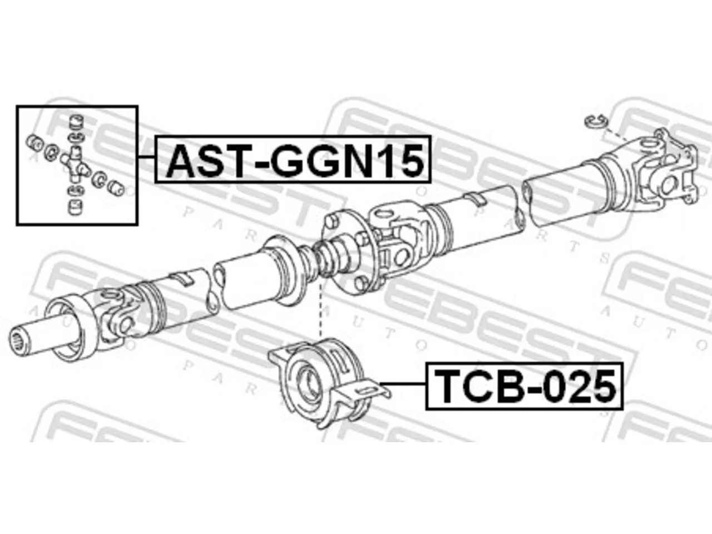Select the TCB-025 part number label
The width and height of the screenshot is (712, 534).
coord(524,386)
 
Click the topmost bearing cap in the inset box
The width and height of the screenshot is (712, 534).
coord(77,122)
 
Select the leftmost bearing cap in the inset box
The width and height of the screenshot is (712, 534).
coord(34,142)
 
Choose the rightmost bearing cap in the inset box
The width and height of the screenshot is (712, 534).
coord(116,187)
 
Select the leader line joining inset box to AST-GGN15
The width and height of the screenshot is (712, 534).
coord(147,157)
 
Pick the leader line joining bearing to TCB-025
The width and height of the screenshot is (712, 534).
coord(403,384)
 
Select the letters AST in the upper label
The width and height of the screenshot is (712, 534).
coord(210,160)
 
